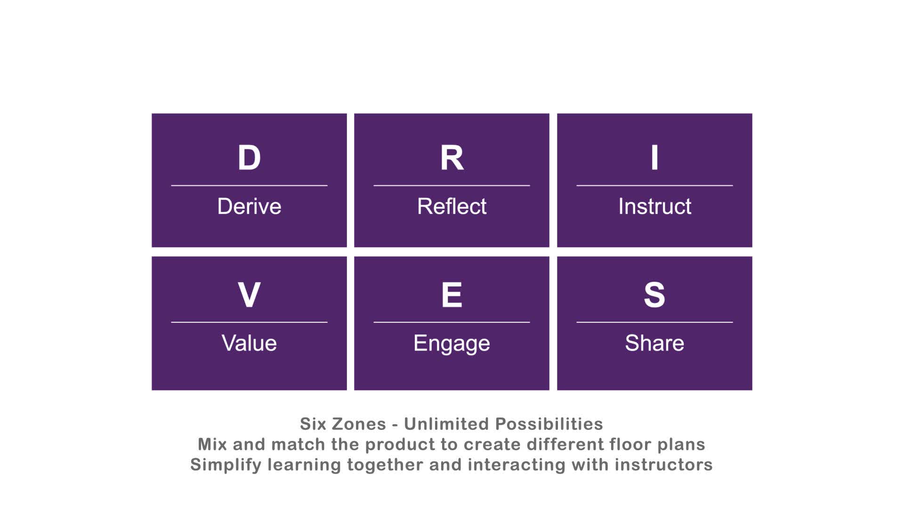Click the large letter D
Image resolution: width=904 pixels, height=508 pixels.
coord(249,158)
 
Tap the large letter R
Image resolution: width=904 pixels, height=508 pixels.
coord(452,158)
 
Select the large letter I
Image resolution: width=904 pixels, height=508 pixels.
coord(654,158)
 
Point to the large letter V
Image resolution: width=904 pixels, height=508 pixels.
coord(249,295)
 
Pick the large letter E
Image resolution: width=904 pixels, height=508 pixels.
coord(452,295)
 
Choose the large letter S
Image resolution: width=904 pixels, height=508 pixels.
coord(654,295)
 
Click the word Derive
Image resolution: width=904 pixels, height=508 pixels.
coord(249,206)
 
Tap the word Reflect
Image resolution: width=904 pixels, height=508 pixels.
coord(452,206)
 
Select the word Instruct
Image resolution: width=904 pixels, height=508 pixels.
coord(654,206)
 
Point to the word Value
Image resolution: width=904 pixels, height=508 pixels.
coord(249,343)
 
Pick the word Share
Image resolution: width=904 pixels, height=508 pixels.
coord(654,343)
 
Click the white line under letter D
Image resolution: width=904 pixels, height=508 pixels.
coord(249,186)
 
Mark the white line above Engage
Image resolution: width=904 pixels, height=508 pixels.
coord(452,322)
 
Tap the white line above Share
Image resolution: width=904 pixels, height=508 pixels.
coord(654,322)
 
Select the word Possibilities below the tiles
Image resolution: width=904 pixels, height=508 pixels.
coord(549,424)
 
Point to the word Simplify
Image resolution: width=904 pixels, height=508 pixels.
coord(226,465)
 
